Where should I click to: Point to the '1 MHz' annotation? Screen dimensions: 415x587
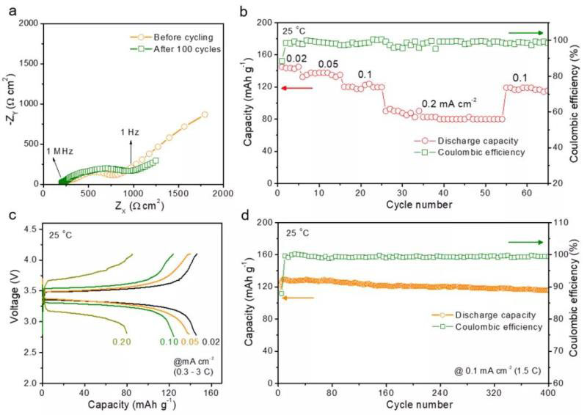[59, 150]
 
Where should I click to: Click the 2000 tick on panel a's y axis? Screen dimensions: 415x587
[30, 23]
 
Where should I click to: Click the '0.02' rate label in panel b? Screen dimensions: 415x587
[296, 58]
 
